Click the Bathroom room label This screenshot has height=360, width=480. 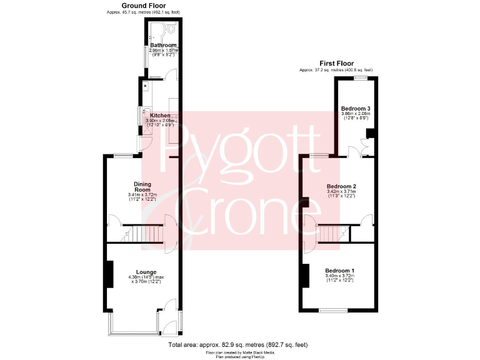pyautogui.click(x=162, y=45)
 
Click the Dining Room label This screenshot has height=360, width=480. pyautogui.click(x=142, y=186)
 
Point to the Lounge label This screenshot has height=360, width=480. pyautogui.click(x=147, y=272)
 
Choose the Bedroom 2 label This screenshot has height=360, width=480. pyautogui.click(x=341, y=186)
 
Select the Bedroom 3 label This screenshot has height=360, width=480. pyautogui.click(x=356, y=109)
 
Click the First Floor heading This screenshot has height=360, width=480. pyautogui.click(x=336, y=63)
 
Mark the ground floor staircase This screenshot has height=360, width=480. pyautogui.click(x=146, y=234)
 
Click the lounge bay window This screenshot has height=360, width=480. pyautogui.click(x=132, y=323)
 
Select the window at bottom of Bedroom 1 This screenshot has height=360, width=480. pyautogui.click(x=332, y=310)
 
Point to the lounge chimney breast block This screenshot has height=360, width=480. pyautogui.click(x=109, y=274)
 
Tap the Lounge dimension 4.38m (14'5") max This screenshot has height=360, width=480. pyautogui.click(x=147, y=277)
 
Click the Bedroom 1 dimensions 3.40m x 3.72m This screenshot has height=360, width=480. pyautogui.click(x=339, y=276)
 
